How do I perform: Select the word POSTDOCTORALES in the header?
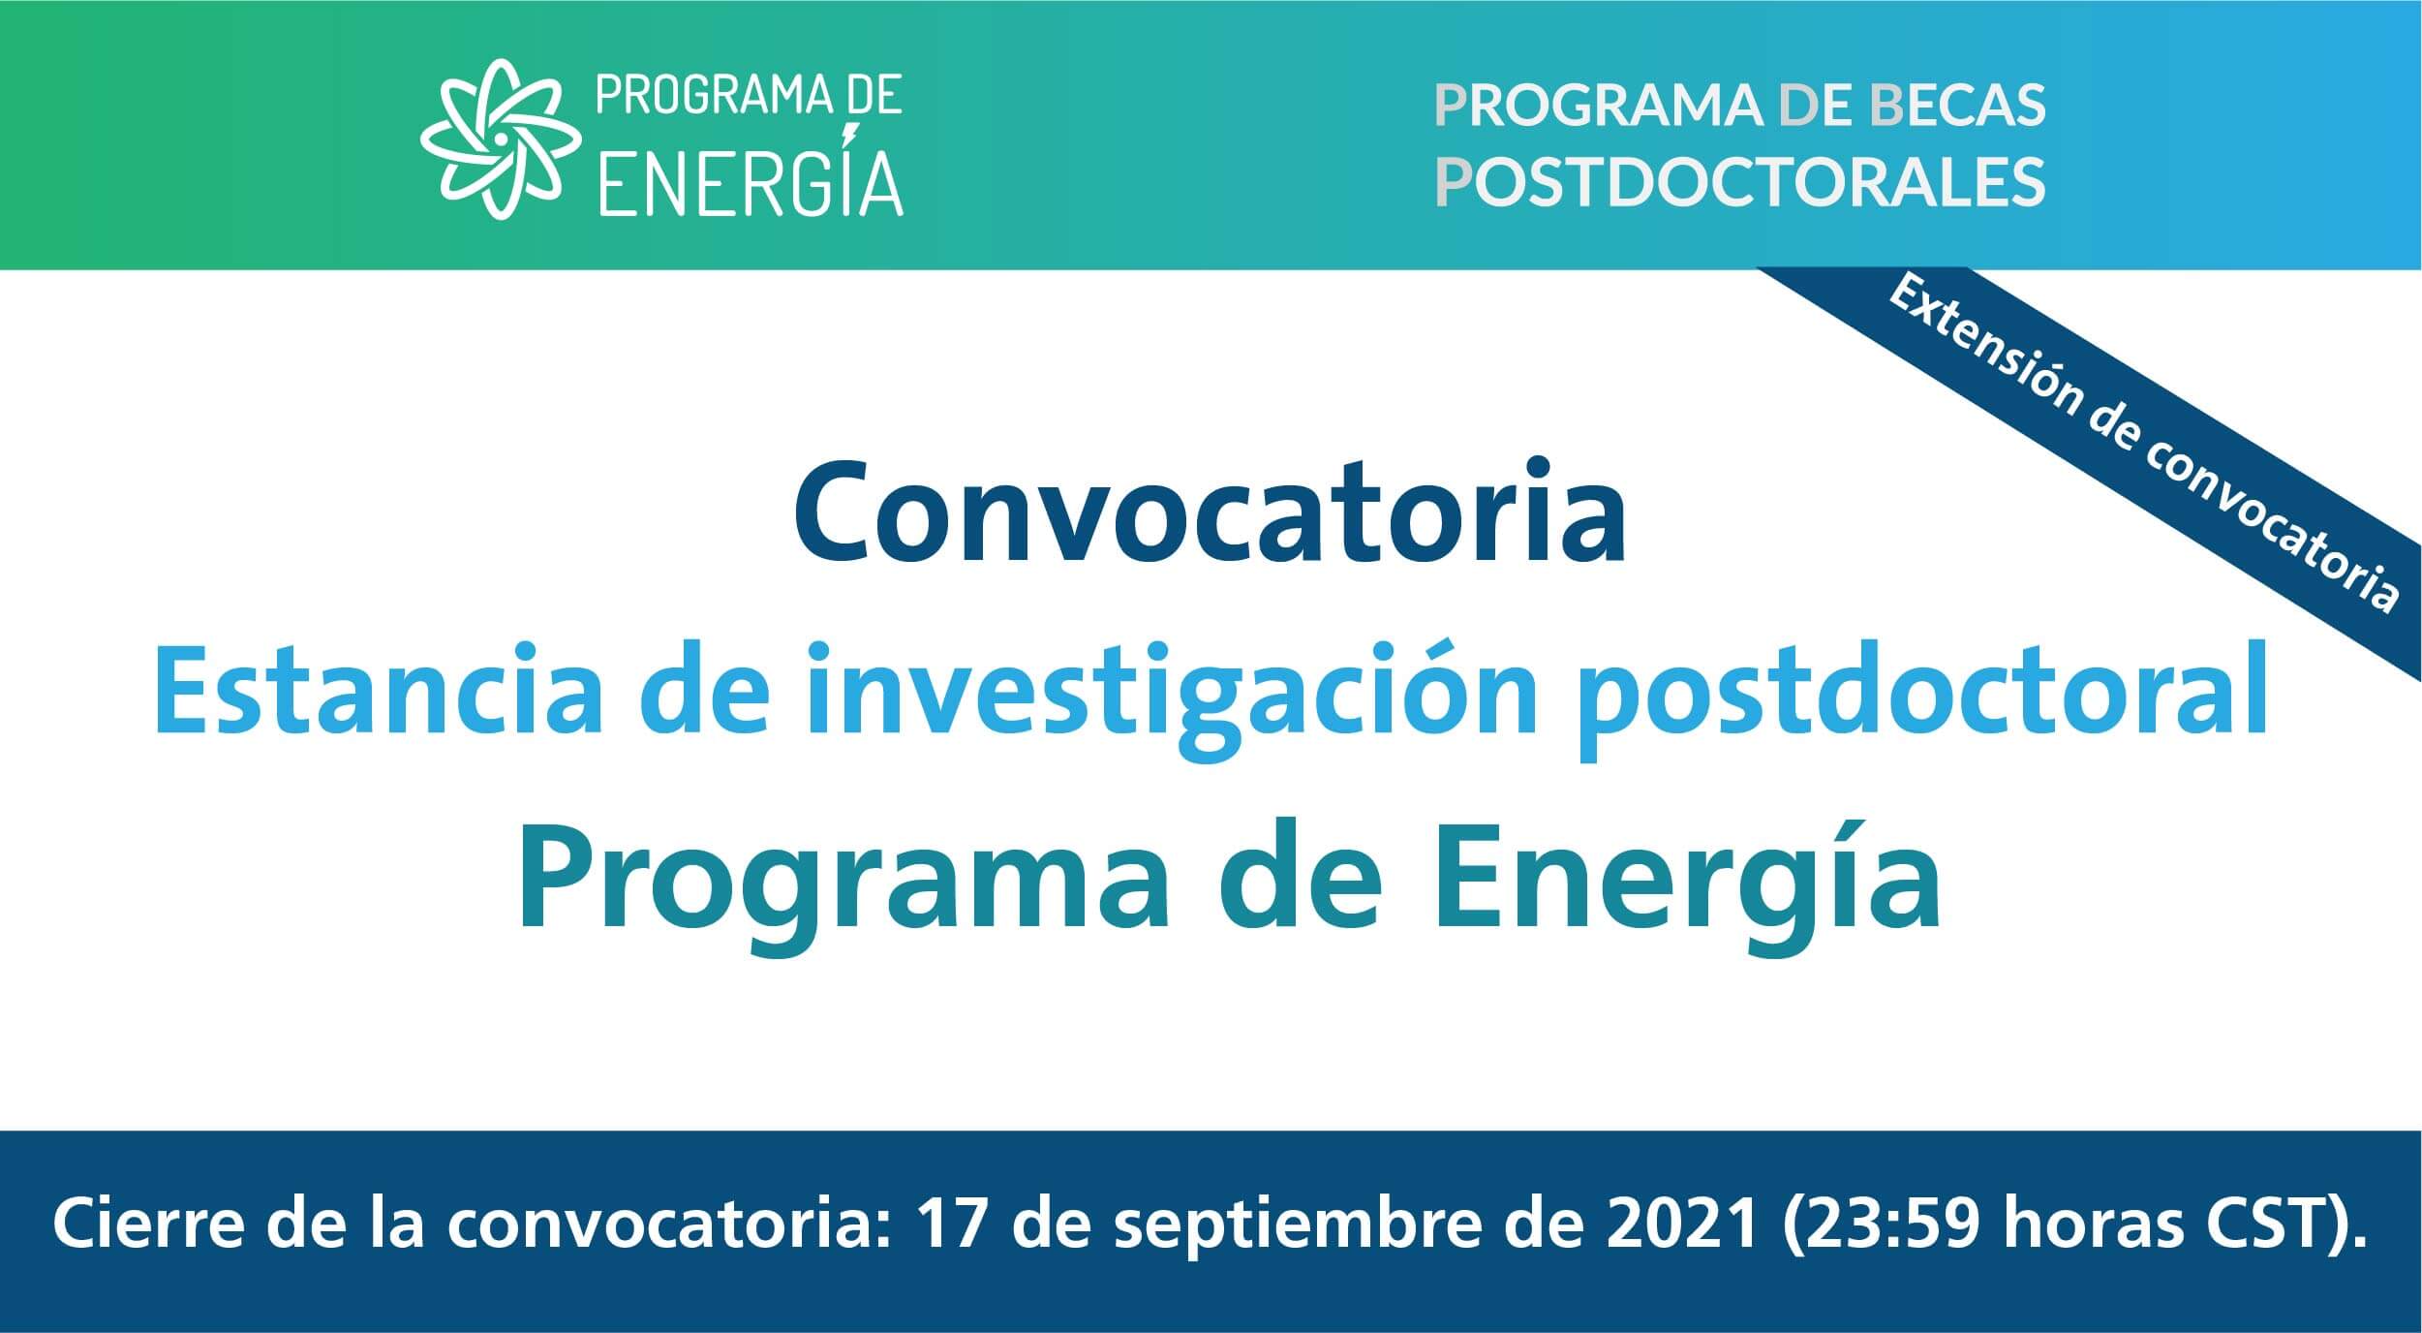(1739, 180)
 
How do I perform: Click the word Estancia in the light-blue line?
(378, 692)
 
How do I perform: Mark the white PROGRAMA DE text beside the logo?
(749, 99)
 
